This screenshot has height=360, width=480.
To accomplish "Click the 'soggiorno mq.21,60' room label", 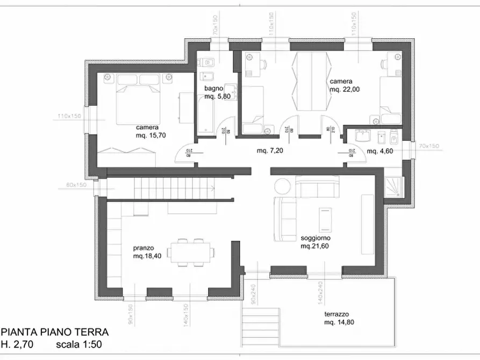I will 316,242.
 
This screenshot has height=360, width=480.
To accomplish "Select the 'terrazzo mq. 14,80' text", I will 339,318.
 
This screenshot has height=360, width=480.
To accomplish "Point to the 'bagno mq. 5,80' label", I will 217,92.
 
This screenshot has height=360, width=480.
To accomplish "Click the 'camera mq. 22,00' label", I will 345,85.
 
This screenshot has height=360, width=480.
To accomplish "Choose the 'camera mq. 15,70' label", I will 151,132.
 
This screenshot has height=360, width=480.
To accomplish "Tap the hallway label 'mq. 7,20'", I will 270,151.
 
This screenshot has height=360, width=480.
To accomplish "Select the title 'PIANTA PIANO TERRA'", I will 55,333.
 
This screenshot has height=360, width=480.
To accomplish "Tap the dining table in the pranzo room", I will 191,251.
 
